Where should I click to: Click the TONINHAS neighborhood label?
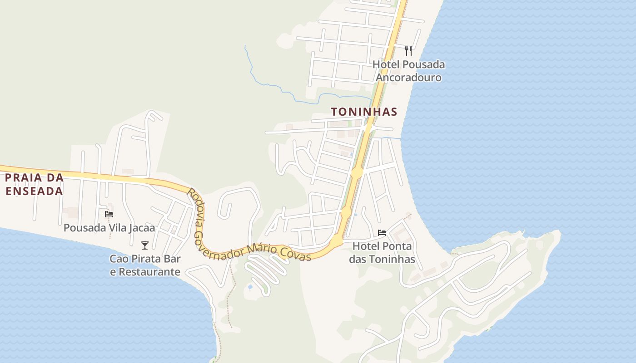pyautogui.click(x=364, y=112)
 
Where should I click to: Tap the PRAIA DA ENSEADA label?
pyautogui.click(x=34, y=184)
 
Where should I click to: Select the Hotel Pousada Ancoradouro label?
pyautogui.click(x=408, y=71)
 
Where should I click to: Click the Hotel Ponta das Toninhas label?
pyautogui.click(x=382, y=253)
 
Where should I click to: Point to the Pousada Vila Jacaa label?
pyautogui.click(x=109, y=228)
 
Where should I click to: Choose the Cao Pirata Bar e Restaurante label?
pyautogui.click(x=145, y=265)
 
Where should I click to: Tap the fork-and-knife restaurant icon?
pyautogui.click(x=408, y=50)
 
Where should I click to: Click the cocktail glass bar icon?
pyautogui.click(x=145, y=245)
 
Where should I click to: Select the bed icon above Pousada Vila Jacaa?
pyautogui.click(x=109, y=214)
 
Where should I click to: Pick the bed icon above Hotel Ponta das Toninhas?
pyautogui.click(x=382, y=233)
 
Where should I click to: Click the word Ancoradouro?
pyautogui.click(x=408, y=78)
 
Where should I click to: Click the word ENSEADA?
pyautogui.click(x=34, y=191)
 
